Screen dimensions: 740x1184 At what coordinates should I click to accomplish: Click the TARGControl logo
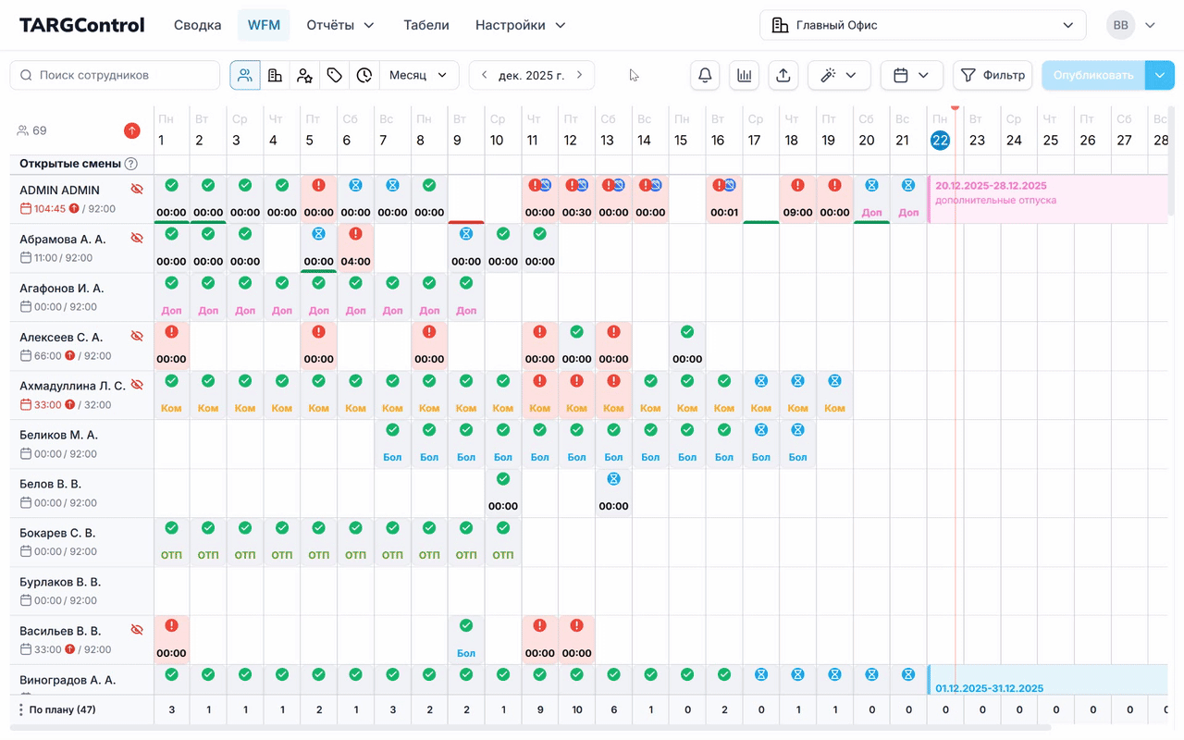(82, 25)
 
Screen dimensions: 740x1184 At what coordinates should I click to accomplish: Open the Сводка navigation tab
(197, 25)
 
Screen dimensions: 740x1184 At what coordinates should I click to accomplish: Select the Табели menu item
(426, 25)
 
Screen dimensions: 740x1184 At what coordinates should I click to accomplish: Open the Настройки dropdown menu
(520, 25)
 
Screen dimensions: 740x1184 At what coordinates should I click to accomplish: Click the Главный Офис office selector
(922, 25)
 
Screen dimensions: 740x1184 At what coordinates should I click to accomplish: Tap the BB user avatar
(1120, 25)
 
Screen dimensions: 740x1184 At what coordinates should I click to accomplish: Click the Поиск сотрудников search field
(116, 75)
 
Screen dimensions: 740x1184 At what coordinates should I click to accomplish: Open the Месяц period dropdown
(418, 75)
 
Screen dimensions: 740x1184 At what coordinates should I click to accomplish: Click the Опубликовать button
(1092, 75)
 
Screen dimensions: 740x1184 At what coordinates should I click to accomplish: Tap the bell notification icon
(705, 75)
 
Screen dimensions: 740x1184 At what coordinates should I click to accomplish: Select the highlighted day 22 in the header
(940, 141)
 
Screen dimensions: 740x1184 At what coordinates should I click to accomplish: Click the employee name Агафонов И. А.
(62, 289)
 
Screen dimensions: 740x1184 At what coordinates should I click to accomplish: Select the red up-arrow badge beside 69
(131, 130)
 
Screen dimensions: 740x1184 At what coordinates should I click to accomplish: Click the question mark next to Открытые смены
(131, 164)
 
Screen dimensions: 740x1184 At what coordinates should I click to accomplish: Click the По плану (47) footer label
(62, 709)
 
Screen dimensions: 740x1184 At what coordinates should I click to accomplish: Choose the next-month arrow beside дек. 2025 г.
(580, 75)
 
